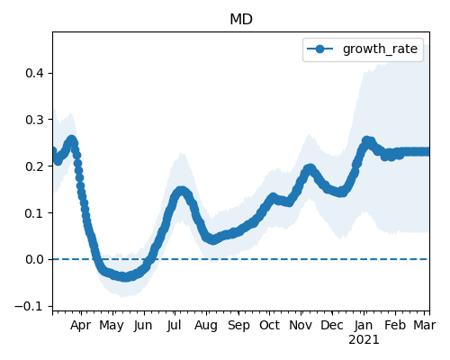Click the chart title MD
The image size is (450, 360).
point(241,20)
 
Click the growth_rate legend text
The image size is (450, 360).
point(380,49)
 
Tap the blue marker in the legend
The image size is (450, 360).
point(319,49)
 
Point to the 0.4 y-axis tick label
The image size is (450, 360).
point(35,73)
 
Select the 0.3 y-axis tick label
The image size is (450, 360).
point(35,120)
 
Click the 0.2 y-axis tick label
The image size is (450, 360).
point(35,166)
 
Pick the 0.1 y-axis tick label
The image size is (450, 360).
point(35,212)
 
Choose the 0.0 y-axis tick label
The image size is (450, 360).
point(35,259)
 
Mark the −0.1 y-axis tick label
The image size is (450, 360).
point(30,306)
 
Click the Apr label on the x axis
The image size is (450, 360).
point(81,325)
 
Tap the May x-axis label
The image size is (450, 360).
point(112,325)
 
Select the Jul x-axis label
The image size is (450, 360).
point(174,325)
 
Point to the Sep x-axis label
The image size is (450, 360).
point(238,325)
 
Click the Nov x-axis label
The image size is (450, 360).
point(301,325)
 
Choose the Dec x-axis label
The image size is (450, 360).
point(332,325)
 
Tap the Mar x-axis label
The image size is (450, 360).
point(425,325)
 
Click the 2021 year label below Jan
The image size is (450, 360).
point(364,340)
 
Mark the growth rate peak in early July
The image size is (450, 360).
point(181,191)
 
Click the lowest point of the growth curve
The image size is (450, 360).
point(124,277)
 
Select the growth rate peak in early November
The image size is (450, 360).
point(310,169)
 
